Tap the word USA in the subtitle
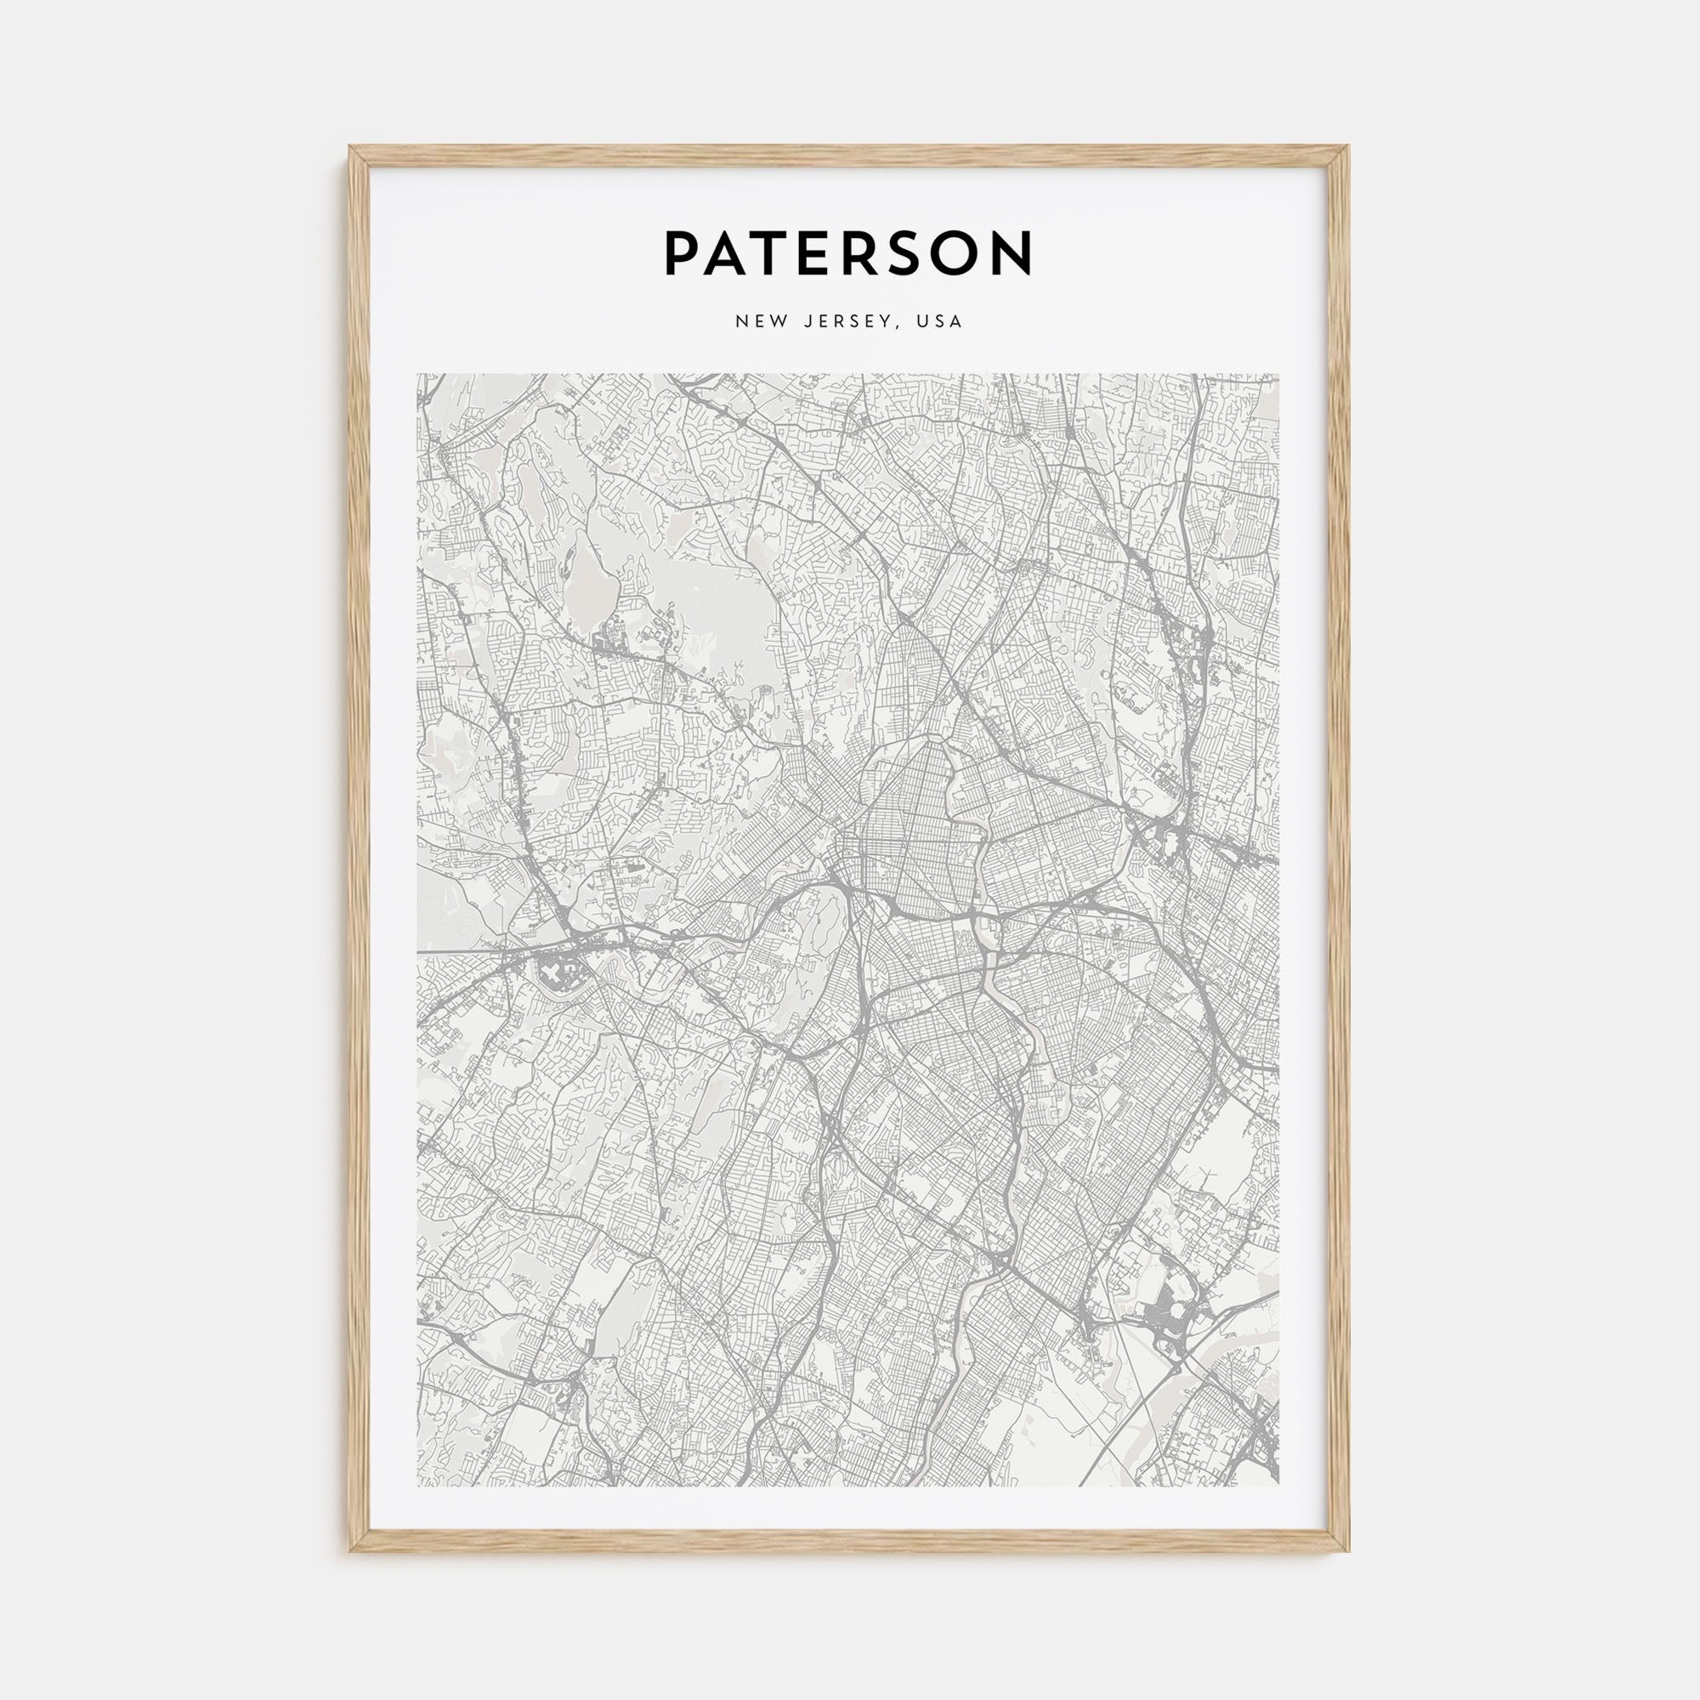pos(939,322)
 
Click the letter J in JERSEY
pos(807,322)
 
